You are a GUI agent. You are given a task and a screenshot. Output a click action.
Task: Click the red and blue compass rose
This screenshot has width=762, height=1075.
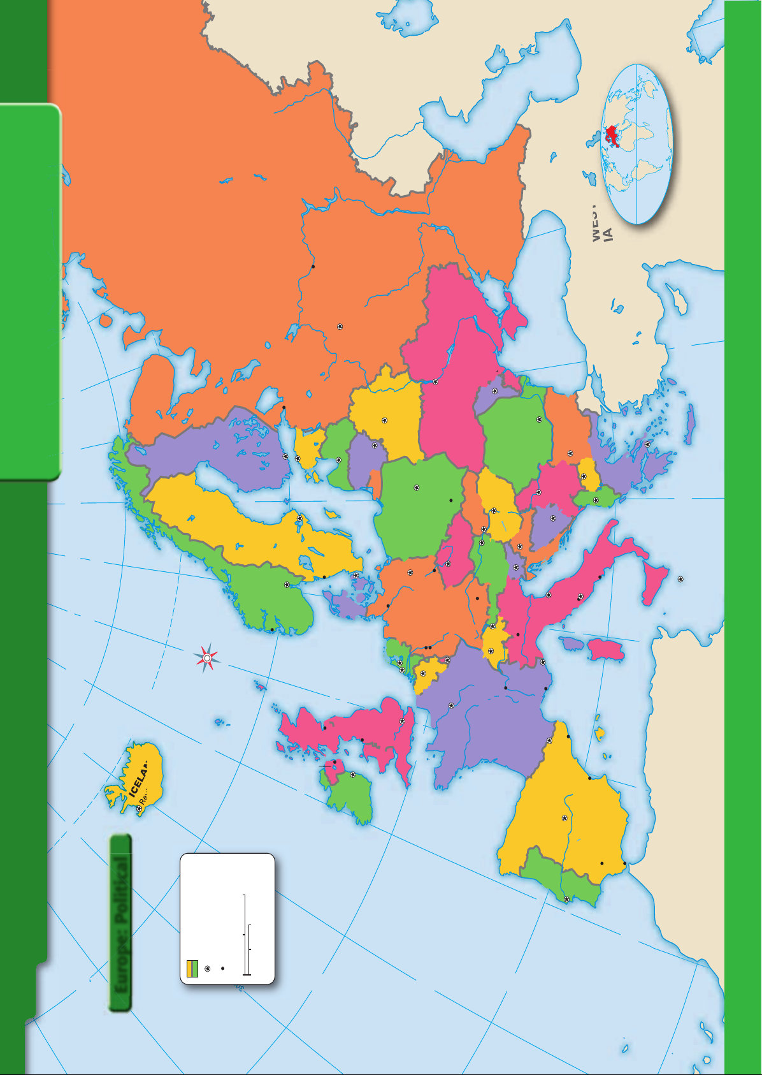coord(207,658)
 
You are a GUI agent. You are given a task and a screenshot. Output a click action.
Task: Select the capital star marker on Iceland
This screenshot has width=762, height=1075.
coord(139,808)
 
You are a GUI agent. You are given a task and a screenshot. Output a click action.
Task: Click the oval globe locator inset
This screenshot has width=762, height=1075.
coord(636,144)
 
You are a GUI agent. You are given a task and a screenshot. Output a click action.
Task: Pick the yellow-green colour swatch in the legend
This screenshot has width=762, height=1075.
coord(192,968)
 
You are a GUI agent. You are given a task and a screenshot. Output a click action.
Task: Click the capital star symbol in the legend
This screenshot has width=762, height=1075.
coord(207,969)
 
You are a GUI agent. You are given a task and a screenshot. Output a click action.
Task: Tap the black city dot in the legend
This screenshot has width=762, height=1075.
coord(222,969)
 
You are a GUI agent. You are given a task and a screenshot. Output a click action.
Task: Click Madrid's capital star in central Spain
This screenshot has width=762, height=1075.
coord(564,817)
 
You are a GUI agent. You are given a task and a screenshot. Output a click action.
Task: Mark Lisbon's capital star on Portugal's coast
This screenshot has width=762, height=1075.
coord(566,899)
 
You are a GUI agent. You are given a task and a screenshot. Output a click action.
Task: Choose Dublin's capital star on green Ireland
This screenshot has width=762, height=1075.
coord(352,775)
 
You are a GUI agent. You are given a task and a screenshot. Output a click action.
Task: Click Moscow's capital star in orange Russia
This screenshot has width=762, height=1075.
coord(340,326)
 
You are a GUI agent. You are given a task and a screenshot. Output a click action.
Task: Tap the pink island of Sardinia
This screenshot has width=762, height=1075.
coord(607,650)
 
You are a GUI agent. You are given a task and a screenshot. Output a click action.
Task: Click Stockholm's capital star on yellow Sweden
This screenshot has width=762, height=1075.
coord(299,518)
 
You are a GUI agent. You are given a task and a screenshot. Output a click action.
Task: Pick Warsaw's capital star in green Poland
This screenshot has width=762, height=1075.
coord(417,488)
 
